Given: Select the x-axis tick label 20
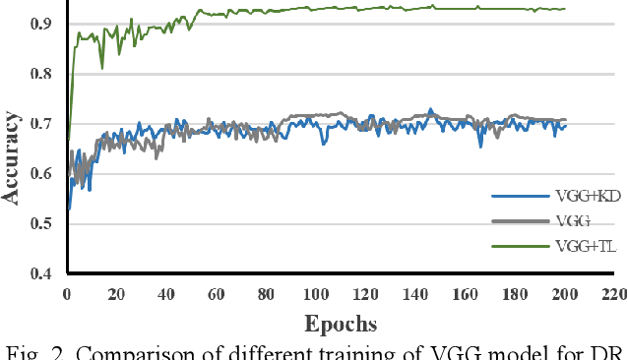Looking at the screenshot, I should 117,293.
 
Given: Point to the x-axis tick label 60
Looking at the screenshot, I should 217,293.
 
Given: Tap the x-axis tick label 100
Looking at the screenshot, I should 316,293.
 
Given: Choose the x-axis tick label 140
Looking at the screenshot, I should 415,293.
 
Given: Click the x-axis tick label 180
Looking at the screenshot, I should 515,293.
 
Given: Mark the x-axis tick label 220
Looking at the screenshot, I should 614,293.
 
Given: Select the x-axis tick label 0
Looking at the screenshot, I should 67,293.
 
